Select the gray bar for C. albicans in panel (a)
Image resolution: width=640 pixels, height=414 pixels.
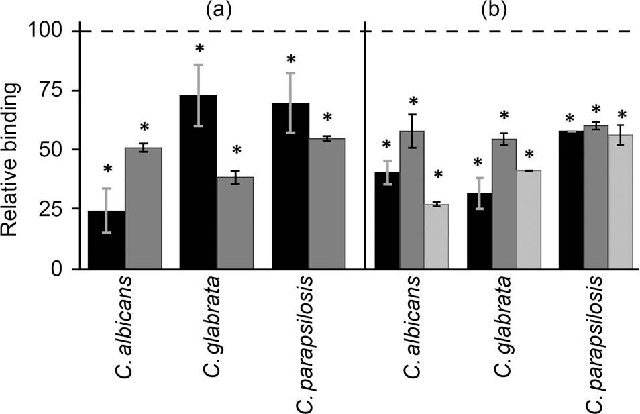(x=144, y=208)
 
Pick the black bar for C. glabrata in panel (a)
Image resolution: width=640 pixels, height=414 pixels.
(x=198, y=182)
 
